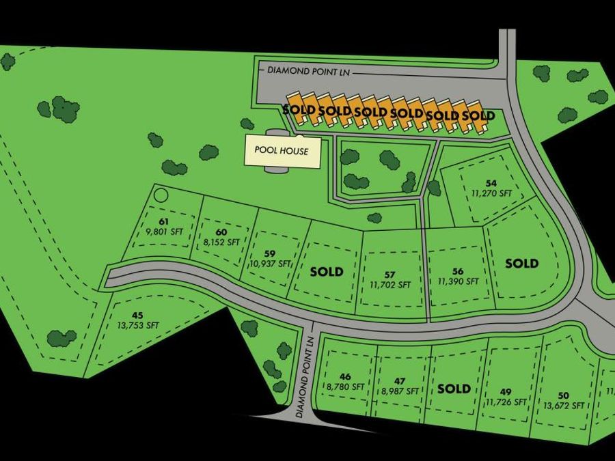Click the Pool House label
(x=282, y=151)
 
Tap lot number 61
(x=163, y=222)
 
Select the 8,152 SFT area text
(x=221, y=242)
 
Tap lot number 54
(x=491, y=183)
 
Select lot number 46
(x=344, y=376)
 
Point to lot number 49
(x=506, y=391)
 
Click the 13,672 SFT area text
(x=564, y=405)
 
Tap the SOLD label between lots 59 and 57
(x=327, y=271)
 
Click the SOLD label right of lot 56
(x=521, y=263)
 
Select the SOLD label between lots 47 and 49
(x=454, y=389)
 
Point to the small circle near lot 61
(x=161, y=195)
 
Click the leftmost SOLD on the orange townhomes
(x=299, y=109)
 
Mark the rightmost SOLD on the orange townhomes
(x=478, y=115)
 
